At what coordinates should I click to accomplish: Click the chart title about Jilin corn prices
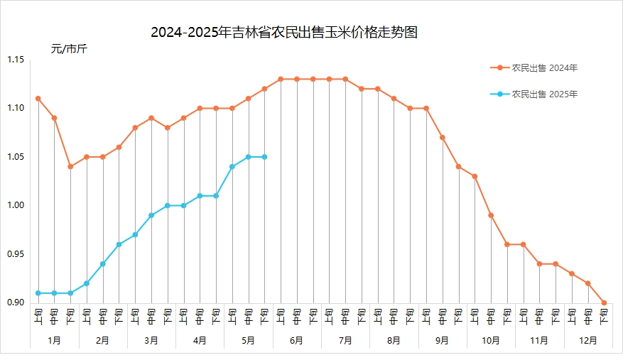(x=283, y=33)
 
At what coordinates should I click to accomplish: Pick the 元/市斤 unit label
(x=68, y=49)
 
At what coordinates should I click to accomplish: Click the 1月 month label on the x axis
(x=55, y=340)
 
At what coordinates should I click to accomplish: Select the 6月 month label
(x=297, y=340)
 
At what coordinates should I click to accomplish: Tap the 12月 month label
(x=588, y=340)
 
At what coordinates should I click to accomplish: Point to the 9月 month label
(x=443, y=340)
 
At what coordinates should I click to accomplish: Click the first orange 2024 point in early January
(x=38, y=99)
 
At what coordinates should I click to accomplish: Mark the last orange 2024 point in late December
(x=605, y=302)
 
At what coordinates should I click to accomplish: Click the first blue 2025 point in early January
(x=38, y=293)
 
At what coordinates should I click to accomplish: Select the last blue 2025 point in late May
(x=264, y=157)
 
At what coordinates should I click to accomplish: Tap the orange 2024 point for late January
(x=70, y=167)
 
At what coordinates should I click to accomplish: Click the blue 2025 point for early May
(x=232, y=167)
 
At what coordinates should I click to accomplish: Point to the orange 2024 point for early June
(x=281, y=79)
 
